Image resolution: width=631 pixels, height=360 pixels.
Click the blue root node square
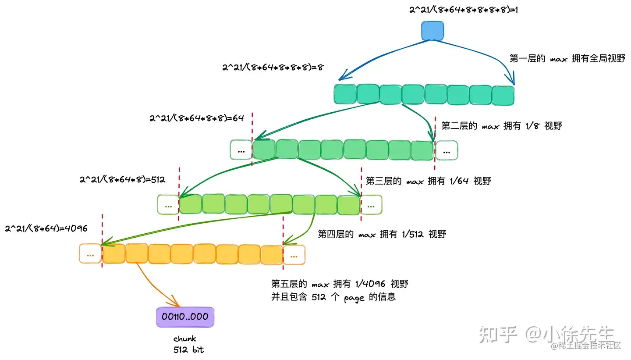[432, 30]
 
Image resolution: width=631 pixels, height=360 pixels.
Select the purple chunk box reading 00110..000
[185, 317]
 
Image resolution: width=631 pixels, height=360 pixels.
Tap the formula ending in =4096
[46, 228]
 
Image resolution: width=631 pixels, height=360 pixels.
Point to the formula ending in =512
[122, 180]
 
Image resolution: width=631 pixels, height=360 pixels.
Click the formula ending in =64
[196, 118]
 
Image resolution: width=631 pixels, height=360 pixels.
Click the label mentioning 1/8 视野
[501, 126]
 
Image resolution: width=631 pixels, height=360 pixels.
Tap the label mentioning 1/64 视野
[428, 181]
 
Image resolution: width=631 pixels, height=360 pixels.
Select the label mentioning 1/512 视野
[382, 234]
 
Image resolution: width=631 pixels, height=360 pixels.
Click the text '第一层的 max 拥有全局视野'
[567, 58]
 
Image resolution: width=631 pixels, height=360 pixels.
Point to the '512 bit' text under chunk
[188, 349]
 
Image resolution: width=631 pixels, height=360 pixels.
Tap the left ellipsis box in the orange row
[90, 254]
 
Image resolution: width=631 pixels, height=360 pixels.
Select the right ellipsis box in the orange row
[294, 254]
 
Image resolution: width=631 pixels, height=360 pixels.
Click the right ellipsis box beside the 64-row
[447, 150]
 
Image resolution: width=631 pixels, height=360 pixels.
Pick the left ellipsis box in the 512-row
[168, 205]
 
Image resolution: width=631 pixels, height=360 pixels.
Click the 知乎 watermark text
[498, 335]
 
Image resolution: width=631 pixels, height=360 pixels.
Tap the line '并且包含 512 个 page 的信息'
[333, 297]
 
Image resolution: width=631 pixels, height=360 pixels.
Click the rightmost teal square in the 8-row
[502, 95]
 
